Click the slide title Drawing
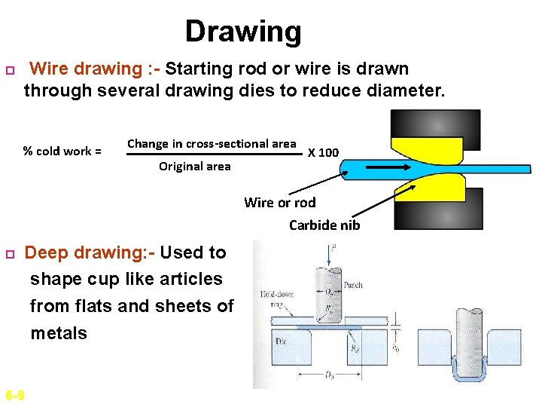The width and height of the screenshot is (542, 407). pos(243,32)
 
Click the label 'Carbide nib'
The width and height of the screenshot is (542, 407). pos(324,225)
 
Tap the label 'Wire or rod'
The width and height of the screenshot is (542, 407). pos(280,202)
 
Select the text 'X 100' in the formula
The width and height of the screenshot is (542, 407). pos(324,153)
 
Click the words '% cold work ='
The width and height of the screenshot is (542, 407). pos(62,151)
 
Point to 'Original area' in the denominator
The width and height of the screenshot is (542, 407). pos(195,166)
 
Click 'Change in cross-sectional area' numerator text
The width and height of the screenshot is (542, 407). pos(212,143)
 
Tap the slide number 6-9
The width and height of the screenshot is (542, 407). pos(14,396)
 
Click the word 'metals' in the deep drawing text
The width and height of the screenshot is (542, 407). pos(59,333)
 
